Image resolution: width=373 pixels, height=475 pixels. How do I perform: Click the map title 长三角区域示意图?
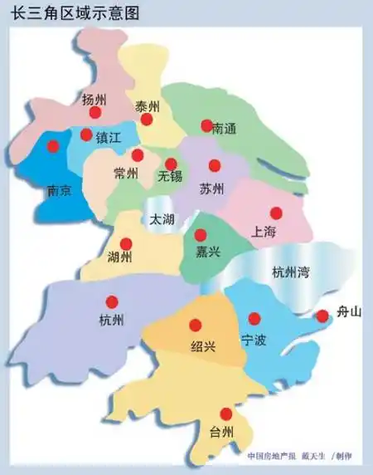(74, 12)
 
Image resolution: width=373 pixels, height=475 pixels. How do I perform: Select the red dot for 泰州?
(147, 120)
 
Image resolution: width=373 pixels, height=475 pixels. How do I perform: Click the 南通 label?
(225, 129)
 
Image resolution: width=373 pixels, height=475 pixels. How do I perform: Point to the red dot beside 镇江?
(86, 134)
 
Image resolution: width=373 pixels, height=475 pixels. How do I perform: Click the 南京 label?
(56, 190)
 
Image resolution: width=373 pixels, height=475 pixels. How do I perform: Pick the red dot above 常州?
(138, 155)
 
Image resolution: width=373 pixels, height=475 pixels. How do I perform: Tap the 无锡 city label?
(169, 177)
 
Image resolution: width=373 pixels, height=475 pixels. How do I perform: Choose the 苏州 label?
(212, 189)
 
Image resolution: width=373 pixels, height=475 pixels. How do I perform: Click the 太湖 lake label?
(162, 220)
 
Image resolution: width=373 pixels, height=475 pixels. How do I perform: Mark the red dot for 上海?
(276, 213)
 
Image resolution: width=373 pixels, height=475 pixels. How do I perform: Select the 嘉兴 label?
(207, 252)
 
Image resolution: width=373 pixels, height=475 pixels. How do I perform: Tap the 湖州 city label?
(120, 257)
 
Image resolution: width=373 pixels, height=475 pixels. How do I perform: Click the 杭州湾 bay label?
(290, 272)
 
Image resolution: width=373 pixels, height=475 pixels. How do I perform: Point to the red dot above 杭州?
(112, 302)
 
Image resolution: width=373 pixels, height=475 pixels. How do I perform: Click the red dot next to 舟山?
(322, 316)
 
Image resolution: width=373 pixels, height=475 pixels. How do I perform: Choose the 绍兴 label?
(203, 346)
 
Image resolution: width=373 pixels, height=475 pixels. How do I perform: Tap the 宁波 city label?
(254, 340)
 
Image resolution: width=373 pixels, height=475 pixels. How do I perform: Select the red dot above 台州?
(225, 414)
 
